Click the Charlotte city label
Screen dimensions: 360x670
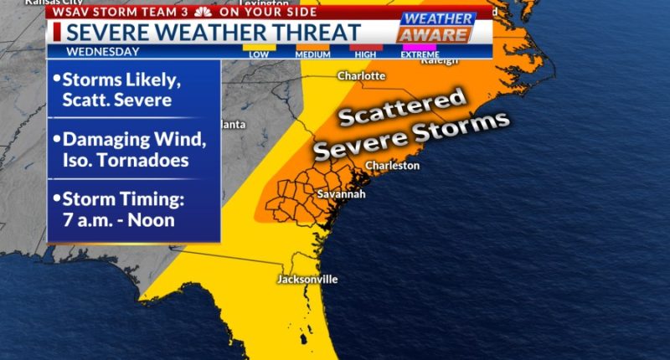361,76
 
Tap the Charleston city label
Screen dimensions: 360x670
392,166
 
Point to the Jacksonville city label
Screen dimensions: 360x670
307,279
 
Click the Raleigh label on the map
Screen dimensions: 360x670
440,60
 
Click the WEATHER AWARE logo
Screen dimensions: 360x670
435,27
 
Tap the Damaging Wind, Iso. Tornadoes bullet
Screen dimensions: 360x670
128,148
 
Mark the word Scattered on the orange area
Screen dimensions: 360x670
403,108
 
